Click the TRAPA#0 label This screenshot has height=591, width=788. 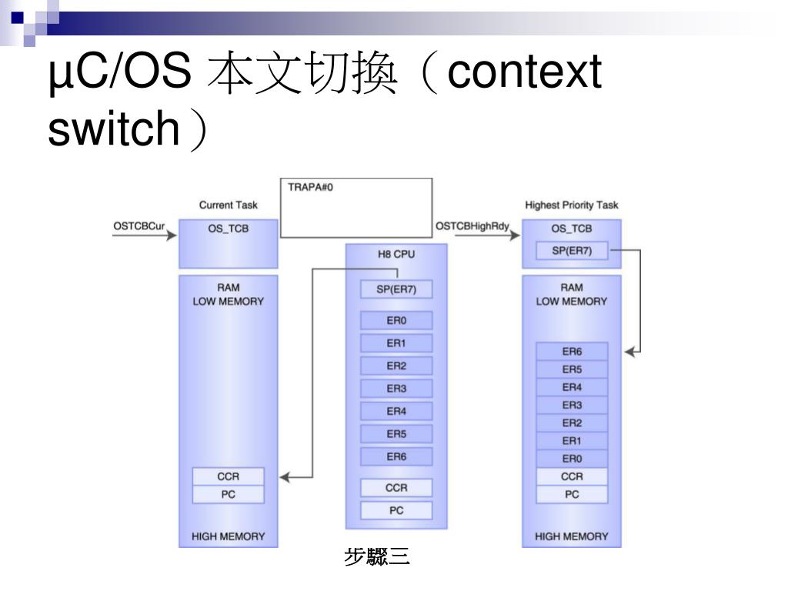(310, 187)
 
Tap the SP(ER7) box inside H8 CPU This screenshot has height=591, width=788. (396, 289)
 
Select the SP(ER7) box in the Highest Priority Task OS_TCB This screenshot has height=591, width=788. (572, 250)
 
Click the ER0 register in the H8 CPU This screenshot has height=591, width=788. (396, 320)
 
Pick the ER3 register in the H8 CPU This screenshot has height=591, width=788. (396, 389)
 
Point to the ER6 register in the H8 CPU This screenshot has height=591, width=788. (396, 456)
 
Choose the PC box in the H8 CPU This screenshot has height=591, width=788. (396, 510)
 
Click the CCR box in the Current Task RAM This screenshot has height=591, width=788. (228, 476)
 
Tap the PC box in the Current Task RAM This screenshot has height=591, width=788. (228, 495)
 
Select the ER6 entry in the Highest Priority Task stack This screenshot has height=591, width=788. (572, 351)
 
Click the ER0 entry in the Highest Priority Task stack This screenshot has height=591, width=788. (572, 459)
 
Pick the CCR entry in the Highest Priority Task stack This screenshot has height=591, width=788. (572, 476)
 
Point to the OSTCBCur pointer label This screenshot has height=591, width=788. (139, 226)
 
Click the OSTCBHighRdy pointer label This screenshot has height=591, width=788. (472, 226)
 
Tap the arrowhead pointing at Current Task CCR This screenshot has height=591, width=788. (285, 477)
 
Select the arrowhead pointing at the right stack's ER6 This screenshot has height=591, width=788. (630, 352)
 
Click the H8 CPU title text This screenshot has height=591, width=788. (396, 254)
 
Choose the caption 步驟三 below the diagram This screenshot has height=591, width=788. (377, 557)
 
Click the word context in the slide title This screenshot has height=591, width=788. (524, 72)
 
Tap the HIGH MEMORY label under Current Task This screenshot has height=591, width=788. (228, 536)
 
